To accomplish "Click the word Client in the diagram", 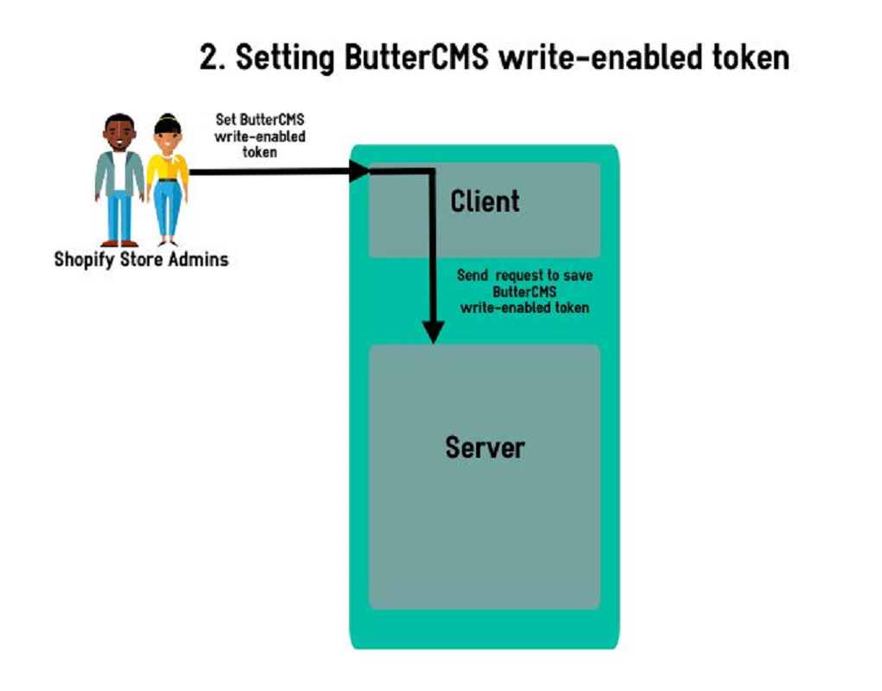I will [x=485, y=202].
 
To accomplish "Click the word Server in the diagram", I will [x=485, y=447].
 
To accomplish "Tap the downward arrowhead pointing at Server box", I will [x=433, y=333].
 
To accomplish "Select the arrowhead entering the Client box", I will [x=359, y=172].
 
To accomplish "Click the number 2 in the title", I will [x=209, y=58].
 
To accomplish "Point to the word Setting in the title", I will [x=285, y=58].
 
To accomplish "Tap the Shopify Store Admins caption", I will [x=141, y=259].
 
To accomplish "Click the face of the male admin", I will [x=119, y=134].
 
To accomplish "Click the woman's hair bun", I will [x=167, y=117].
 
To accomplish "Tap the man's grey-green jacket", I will [x=104, y=173].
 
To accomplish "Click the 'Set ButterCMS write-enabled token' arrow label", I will [x=260, y=136].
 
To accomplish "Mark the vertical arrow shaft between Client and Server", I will [x=433, y=250].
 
